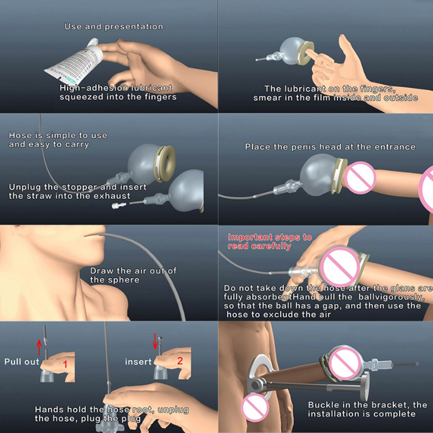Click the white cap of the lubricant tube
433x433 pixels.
tap(93, 42)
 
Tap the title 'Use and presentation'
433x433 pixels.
tap(114, 27)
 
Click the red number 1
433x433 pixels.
tap(65, 364)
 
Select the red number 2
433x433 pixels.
tap(180, 360)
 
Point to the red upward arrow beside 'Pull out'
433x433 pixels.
tap(39, 347)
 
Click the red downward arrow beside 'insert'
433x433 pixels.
tap(155, 342)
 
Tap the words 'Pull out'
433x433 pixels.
tap(22, 362)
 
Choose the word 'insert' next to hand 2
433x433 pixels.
tap(139, 362)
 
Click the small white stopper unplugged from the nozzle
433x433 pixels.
tap(119, 206)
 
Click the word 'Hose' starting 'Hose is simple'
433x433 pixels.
tap(21, 135)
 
